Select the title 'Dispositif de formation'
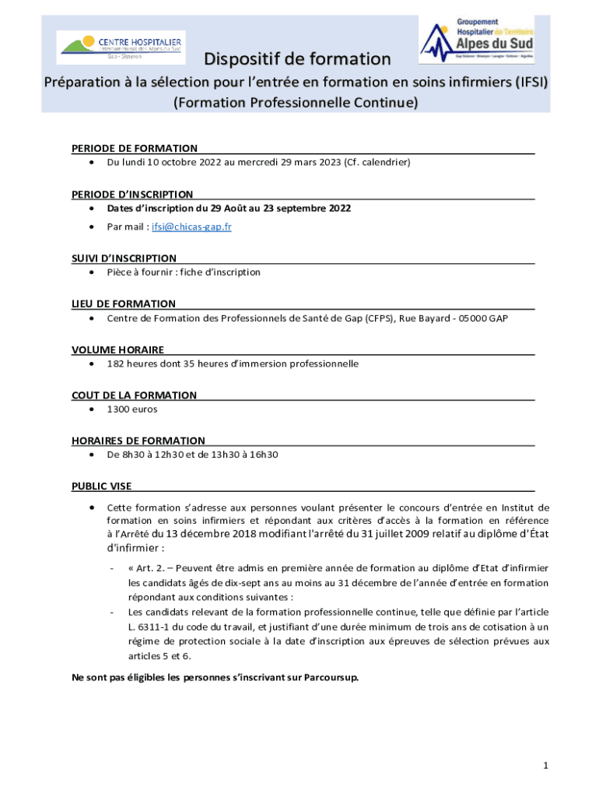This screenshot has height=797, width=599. click(x=297, y=59)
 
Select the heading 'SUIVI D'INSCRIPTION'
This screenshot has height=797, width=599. click(x=124, y=258)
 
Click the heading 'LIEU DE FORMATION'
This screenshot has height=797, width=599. click(x=124, y=304)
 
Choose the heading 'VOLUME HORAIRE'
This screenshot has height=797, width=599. click(x=117, y=349)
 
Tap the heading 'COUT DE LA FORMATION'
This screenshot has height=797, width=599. click(x=134, y=395)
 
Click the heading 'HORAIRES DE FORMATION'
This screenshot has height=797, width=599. click(x=138, y=441)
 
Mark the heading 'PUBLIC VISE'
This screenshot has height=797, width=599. click(x=102, y=486)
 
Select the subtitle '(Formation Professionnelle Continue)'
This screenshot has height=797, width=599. click(x=296, y=102)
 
